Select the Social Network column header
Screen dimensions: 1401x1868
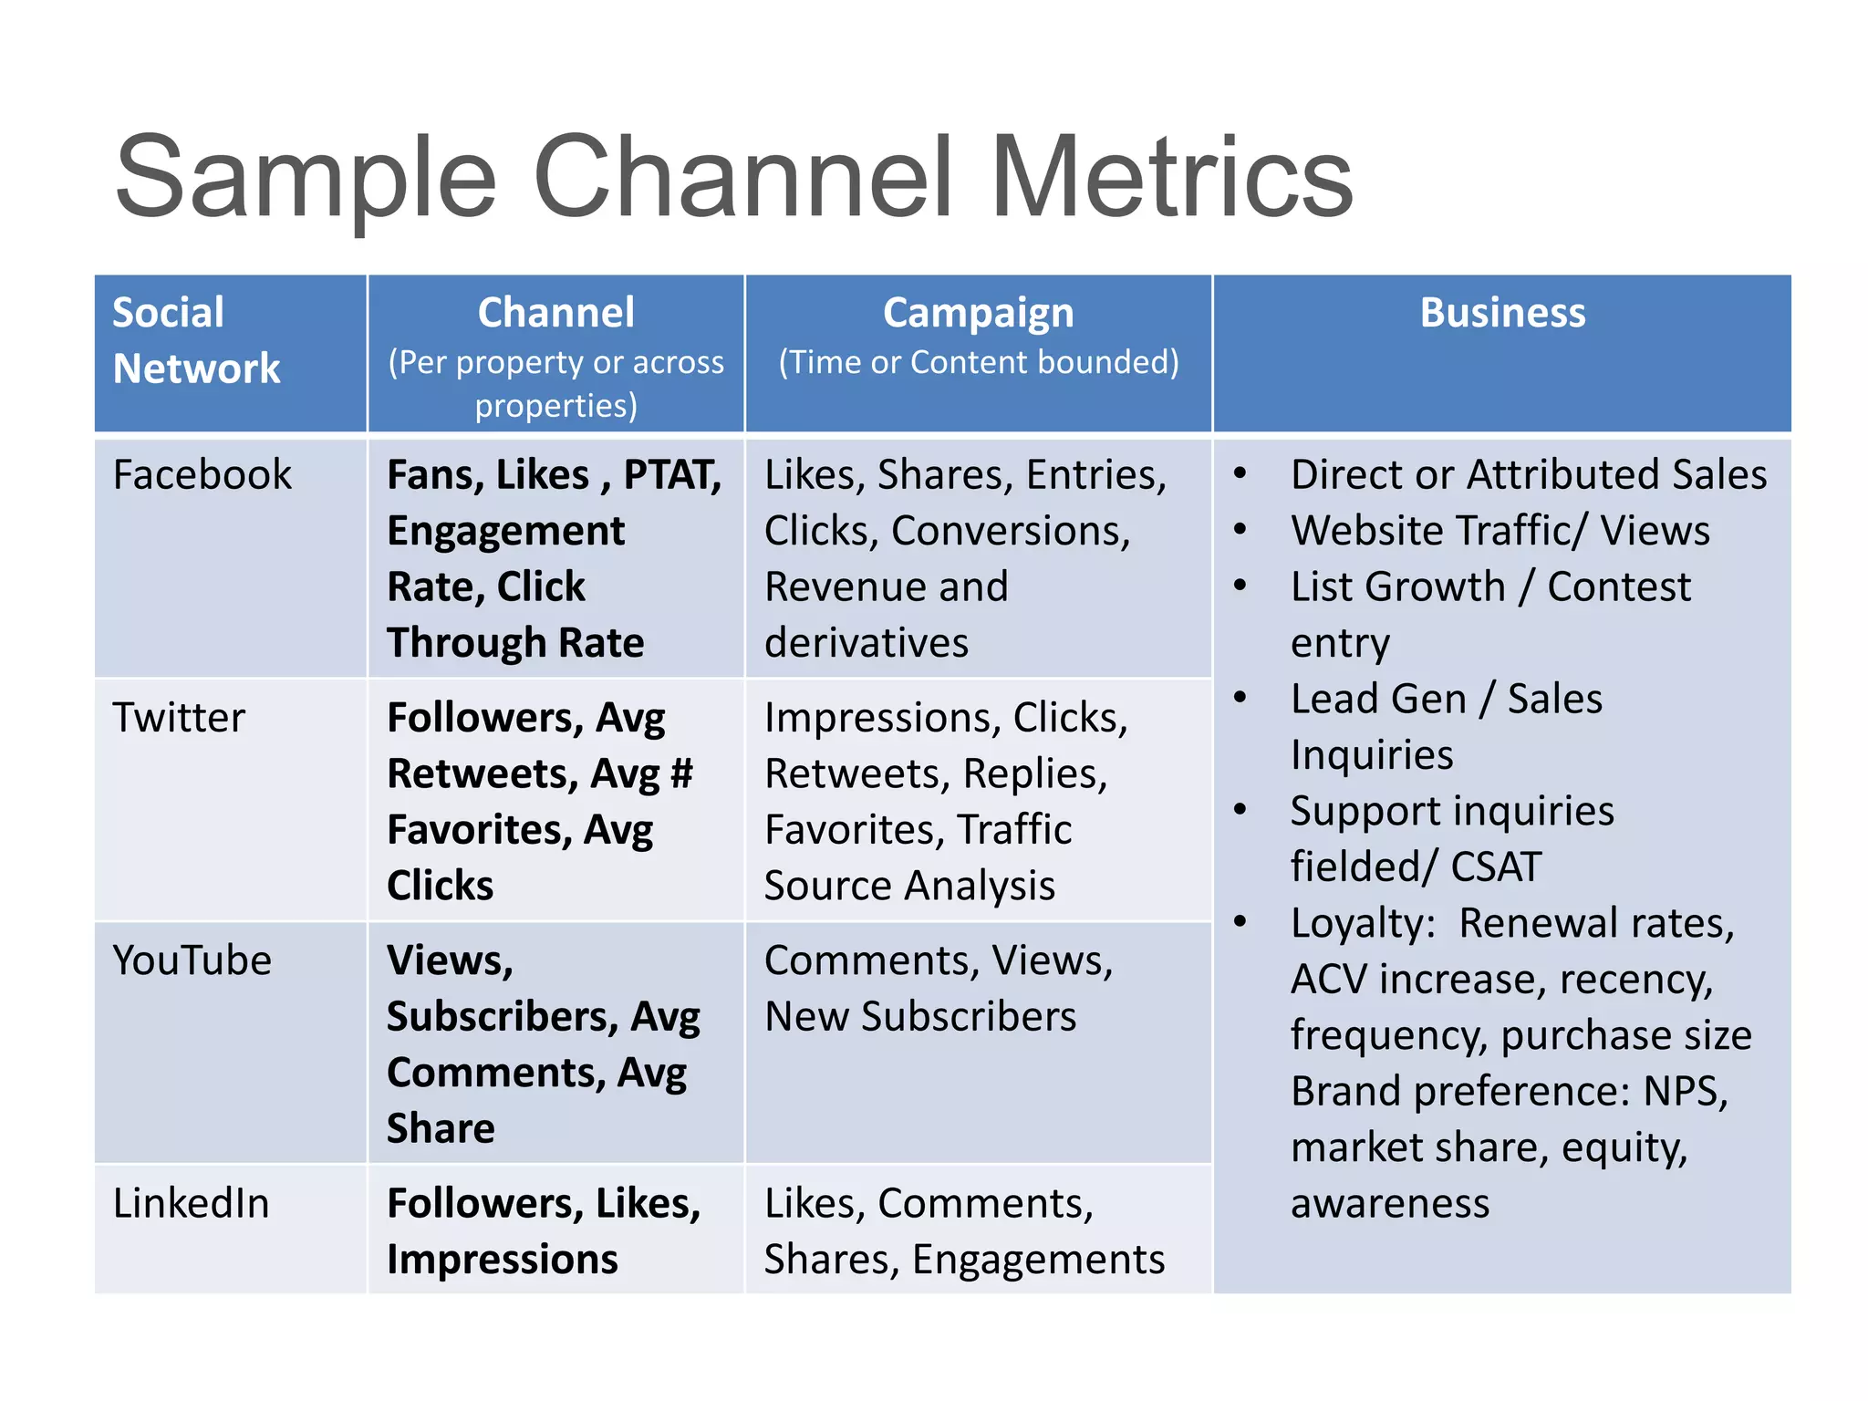click(196, 340)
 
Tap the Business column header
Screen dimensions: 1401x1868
click(1502, 313)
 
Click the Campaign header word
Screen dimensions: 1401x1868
click(978, 313)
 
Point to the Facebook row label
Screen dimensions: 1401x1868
click(202, 475)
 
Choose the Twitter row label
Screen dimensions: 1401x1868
click(179, 718)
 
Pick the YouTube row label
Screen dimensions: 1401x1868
click(192, 960)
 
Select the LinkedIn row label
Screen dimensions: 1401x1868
click(191, 1203)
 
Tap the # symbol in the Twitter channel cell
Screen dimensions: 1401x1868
click(681, 773)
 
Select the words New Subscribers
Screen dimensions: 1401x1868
click(920, 1017)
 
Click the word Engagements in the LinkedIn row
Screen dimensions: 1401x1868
click(1038, 1260)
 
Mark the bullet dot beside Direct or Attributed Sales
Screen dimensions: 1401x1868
click(1240, 473)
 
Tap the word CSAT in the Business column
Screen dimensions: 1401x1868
click(1496, 867)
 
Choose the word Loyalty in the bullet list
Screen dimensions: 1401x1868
click(1363, 923)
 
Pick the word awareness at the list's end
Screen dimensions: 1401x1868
click(1390, 1203)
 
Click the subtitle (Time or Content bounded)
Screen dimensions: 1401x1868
click(978, 362)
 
